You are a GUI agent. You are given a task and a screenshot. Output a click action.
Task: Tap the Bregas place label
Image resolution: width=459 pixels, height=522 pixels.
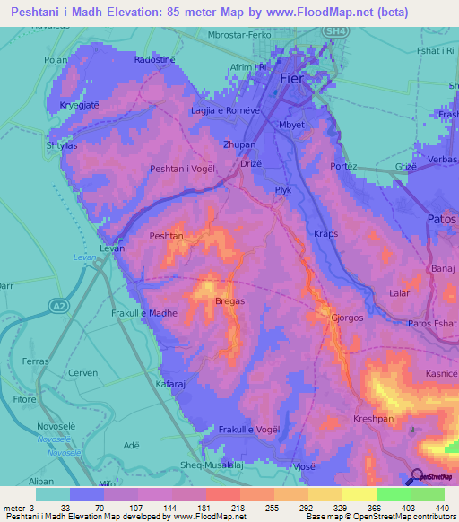click(230, 301)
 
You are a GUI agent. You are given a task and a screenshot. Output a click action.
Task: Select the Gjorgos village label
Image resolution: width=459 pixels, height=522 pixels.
click(347, 318)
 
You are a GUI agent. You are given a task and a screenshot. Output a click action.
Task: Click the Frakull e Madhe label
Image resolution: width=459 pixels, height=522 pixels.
click(144, 313)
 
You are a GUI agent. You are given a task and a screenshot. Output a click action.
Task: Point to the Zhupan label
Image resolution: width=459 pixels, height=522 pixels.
click(239, 144)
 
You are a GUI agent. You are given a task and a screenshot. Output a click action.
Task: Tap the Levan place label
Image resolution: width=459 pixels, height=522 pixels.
click(111, 247)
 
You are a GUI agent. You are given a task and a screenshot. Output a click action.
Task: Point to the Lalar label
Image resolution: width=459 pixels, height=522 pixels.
click(399, 293)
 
